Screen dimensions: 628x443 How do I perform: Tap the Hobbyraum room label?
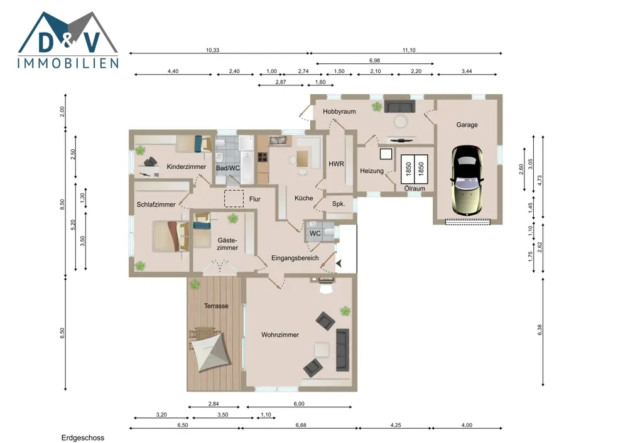[339, 112]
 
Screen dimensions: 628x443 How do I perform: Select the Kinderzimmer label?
[187, 166]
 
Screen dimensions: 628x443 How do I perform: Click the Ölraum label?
[414, 188]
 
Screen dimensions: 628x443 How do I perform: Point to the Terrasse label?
[216, 306]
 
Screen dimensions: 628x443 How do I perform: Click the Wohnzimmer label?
[280, 334]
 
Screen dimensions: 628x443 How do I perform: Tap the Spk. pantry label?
[338, 204]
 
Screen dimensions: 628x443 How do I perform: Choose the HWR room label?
[337, 164]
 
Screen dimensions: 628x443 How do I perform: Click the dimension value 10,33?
[213, 50]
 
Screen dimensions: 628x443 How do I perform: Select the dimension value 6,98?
[374, 60]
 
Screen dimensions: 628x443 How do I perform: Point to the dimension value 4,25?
[396, 425]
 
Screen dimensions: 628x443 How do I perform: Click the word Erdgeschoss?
[82, 438]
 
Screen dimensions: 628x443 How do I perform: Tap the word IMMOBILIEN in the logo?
[68, 63]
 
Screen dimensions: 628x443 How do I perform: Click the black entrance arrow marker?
[339, 263]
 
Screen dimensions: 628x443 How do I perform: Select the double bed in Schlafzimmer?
[171, 236]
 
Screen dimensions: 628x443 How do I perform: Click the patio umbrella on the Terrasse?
[210, 351]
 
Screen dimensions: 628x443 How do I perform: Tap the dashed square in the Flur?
[234, 199]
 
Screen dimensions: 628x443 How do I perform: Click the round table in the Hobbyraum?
[401, 121]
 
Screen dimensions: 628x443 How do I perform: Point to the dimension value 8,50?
[62, 205]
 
